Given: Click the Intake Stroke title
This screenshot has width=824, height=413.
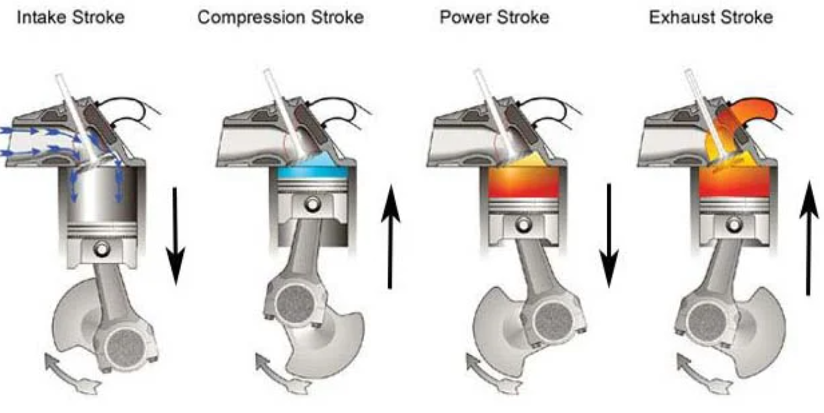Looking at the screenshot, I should (x=71, y=17).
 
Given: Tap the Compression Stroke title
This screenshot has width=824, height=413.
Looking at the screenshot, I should (x=280, y=17).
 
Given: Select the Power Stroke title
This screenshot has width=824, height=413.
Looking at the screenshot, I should (x=494, y=17).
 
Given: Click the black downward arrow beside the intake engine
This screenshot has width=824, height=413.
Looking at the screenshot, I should (x=175, y=234).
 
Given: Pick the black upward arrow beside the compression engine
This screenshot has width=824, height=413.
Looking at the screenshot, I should (x=390, y=237).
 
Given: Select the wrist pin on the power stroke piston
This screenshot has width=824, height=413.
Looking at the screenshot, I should (x=521, y=223).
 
